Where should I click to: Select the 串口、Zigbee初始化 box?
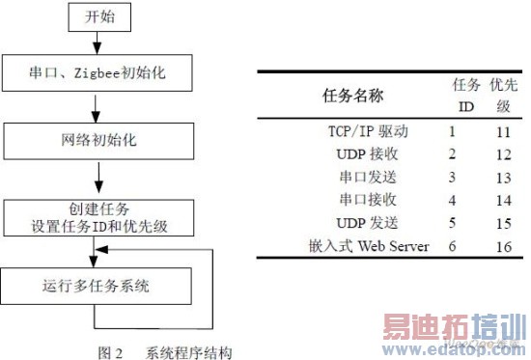click(99, 72)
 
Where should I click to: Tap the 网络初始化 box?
click(99, 141)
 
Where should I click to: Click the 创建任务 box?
click(99, 215)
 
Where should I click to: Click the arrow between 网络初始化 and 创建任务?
click(99, 178)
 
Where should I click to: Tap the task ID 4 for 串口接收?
click(452, 201)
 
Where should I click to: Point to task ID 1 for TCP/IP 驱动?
click(452, 129)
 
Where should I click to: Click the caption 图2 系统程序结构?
click(165, 351)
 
